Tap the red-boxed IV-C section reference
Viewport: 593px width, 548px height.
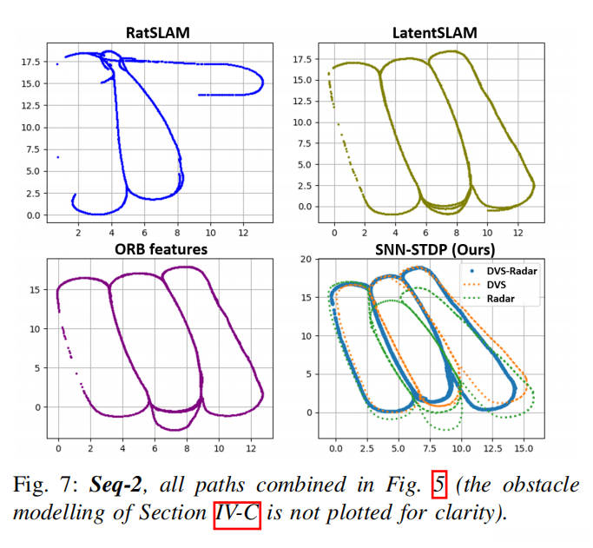coord(235,512)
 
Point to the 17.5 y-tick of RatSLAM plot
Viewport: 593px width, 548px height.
coord(30,62)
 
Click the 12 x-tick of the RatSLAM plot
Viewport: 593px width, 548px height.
coord(246,233)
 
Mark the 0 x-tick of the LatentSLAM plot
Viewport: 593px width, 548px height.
coord(334,233)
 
